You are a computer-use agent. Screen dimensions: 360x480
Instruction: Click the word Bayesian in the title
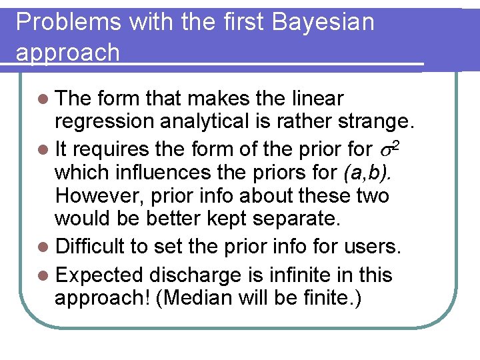coord(324,22)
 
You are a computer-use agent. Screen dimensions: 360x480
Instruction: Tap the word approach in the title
coord(67,53)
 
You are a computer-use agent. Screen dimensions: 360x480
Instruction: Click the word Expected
coord(99,275)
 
